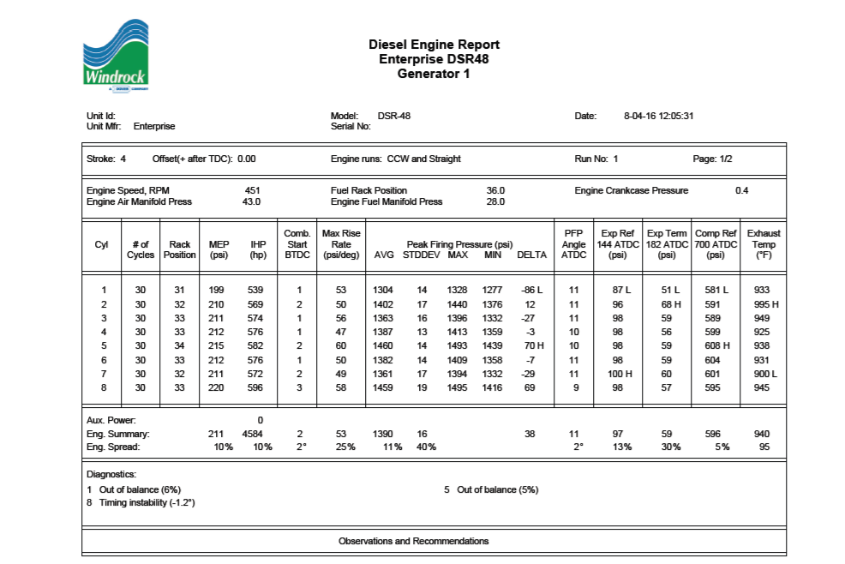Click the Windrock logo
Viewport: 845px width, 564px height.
pos(117,55)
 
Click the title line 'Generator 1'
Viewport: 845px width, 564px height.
pos(434,74)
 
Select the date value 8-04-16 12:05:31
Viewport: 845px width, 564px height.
pos(658,116)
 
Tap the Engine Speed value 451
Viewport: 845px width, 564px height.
pos(252,190)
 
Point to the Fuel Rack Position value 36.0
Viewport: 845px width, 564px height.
pos(495,190)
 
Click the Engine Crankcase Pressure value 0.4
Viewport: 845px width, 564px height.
pos(741,190)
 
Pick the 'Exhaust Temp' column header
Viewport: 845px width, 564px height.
pos(763,244)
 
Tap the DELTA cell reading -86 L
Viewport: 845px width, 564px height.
pos(531,291)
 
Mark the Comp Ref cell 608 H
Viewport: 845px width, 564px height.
pos(715,345)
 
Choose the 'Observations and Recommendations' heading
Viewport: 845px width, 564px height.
pos(413,541)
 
